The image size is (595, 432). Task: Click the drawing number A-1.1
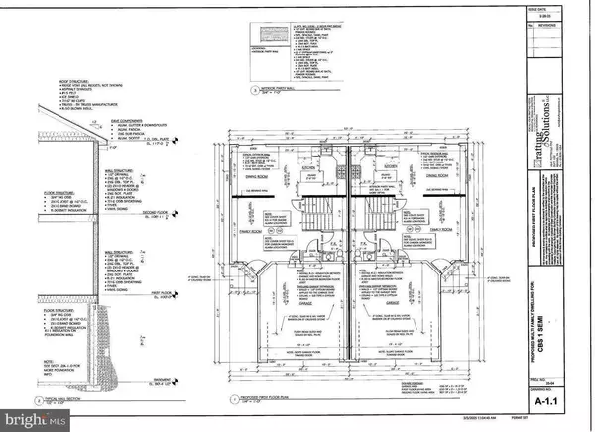562,406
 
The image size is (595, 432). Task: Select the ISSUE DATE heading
562,5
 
